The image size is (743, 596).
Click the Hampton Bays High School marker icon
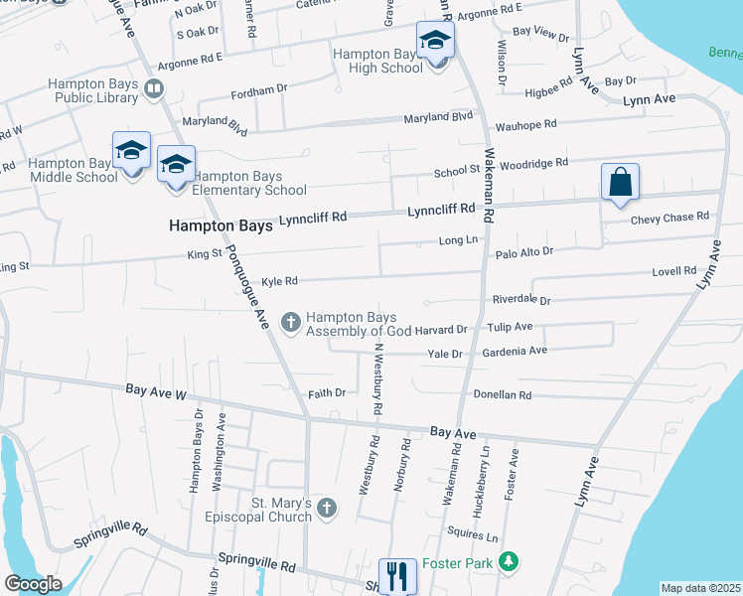pos(435,41)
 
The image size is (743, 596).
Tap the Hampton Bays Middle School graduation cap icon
pos(131,151)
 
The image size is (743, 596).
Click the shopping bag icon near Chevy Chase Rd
pos(620,183)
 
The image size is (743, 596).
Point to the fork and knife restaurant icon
pos(397,574)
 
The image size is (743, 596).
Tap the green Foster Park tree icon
pos(509,563)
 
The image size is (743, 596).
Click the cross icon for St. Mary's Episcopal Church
pos(328,510)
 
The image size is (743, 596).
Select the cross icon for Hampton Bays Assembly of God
pos(291,320)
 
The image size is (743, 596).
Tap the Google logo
pos(33,584)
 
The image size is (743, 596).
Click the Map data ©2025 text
pos(700,588)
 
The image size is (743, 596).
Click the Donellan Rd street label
pos(503,394)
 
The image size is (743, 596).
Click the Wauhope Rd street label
pos(525,125)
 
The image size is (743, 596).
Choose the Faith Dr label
pos(327,393)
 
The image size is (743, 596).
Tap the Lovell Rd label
pos(675,270)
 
